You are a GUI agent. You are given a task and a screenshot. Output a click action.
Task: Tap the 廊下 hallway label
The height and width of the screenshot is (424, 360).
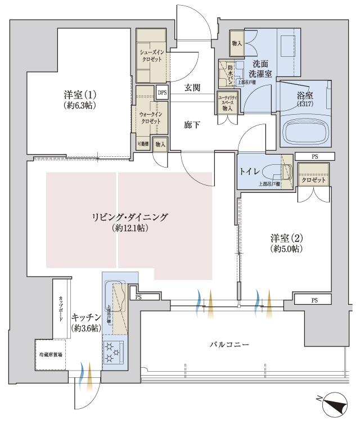(192, 125)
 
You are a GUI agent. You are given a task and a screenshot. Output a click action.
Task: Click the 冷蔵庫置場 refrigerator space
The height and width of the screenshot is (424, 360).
(51, 355)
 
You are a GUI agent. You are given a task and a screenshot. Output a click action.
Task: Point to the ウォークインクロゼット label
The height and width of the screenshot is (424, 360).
(149, 117)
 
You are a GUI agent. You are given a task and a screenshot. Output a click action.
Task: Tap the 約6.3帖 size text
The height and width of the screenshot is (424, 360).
(79, 104)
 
